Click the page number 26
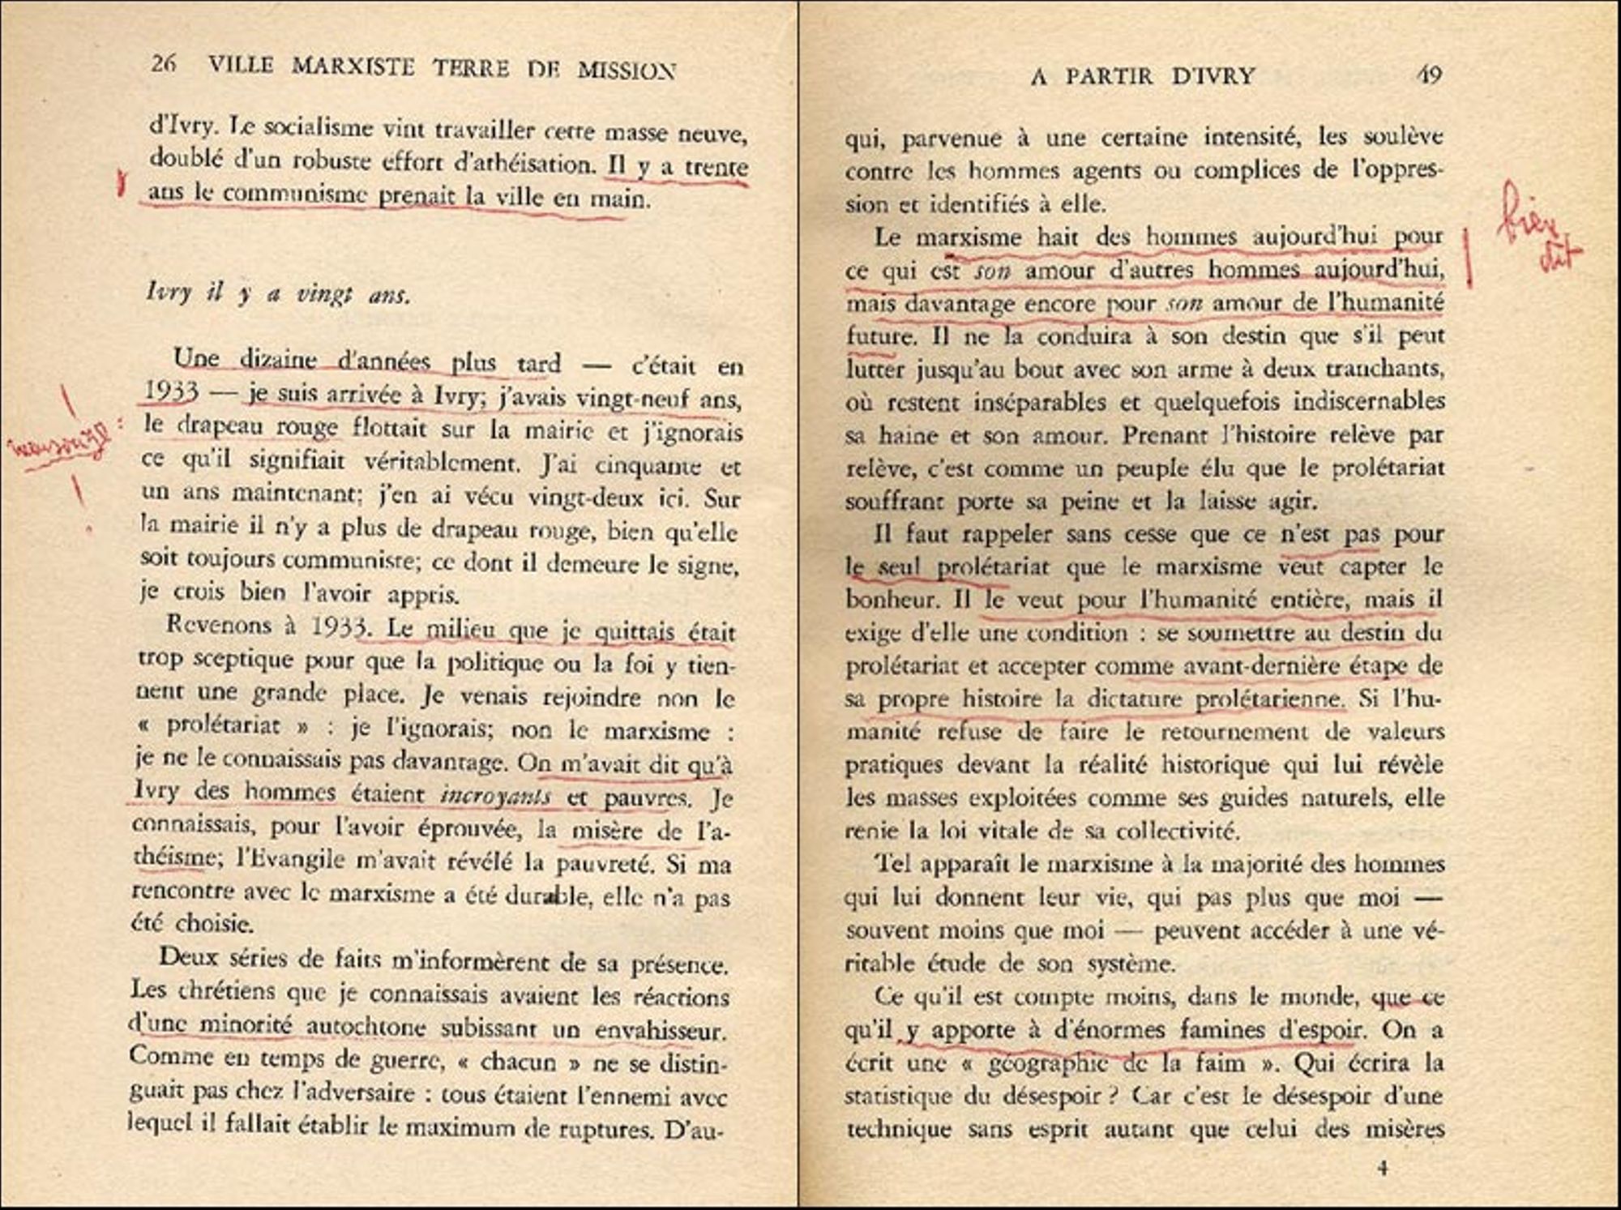[163, 62]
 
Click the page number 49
[1429, 75]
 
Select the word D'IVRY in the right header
[1213, 76]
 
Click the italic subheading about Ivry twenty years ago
[278, 293]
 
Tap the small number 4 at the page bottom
[1383, 1167]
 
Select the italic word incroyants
[496, 796]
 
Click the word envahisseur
[660, 1031]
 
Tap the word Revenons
[217, 625]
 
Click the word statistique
[897, 1097]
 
